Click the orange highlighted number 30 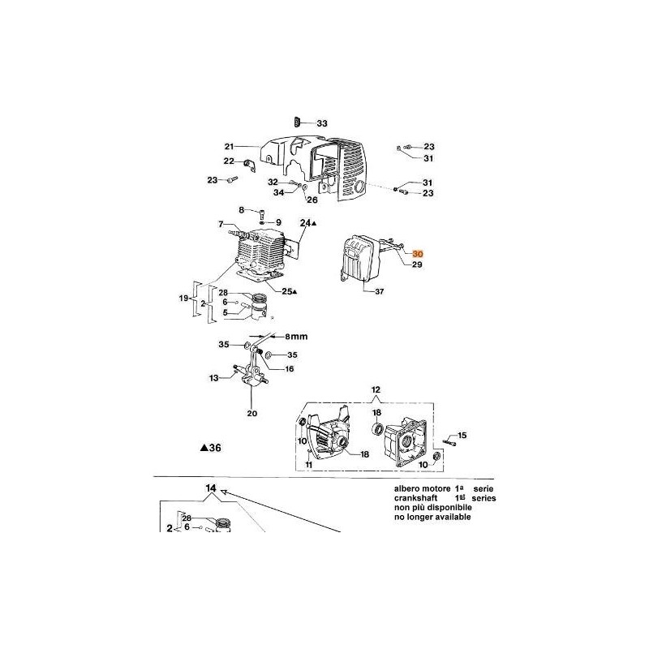(x=418, y=253)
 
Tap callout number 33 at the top (x=322, y=123)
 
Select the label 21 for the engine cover (x=229, y=147)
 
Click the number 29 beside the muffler (x=418, y=264)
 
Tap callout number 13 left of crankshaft (x=214, y=378)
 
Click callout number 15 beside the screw (x=462, y=436)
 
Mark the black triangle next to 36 (x=202, y=447)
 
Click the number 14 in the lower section (x=211, y=488)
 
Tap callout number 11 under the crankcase (x=309, y=465)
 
